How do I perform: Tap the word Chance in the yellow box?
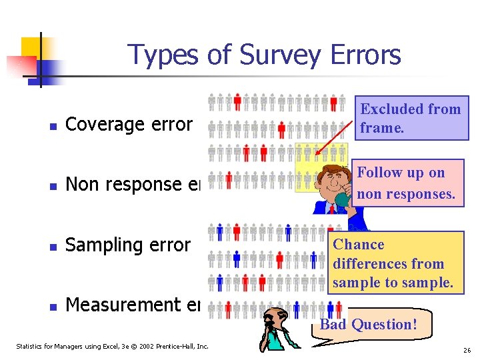359,245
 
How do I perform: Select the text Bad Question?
368,325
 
